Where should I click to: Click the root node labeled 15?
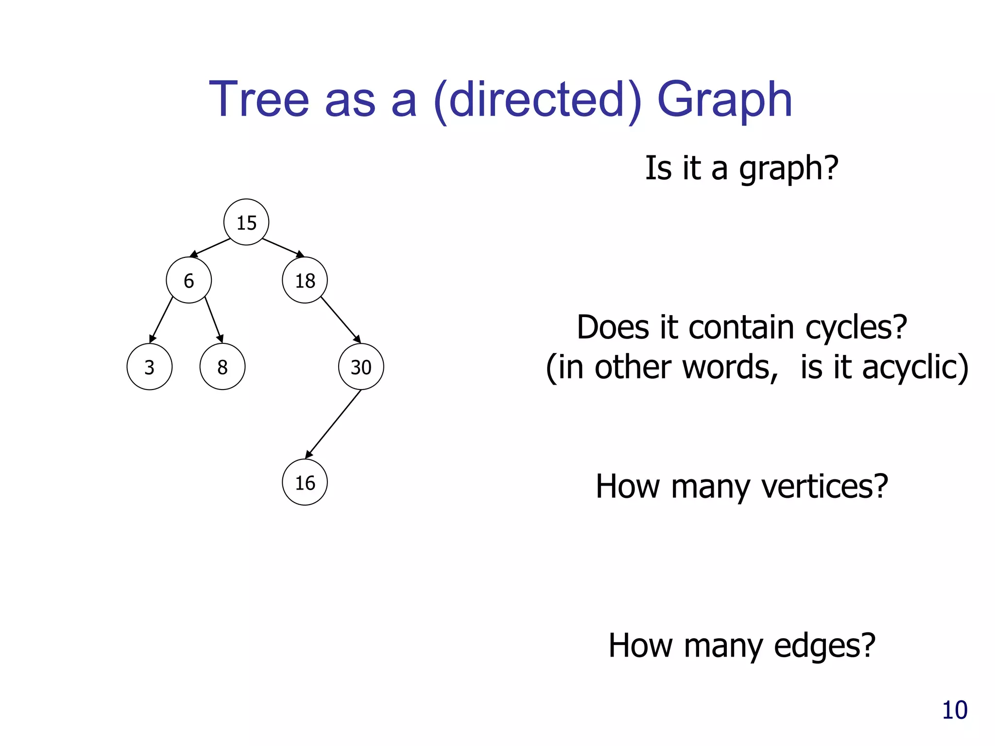pyautogui.click(x=246, y=222)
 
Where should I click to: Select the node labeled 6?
pyautogui.click(x=189, y=280)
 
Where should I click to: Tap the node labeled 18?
pyautogui.click(x=305, y=280)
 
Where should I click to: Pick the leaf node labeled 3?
pyautogui.click(x=149, y=367)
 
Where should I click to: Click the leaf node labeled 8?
pyautogui.click(x=222, y=367)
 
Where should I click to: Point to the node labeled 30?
pyautogui.click(x=361, y=367)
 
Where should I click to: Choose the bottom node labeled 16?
pyautogui.click(x=305, y=482)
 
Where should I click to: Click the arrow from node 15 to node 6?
pyautogui.click(x=210, y=248)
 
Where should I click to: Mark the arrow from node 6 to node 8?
pyautogui.click(x=214, y=320)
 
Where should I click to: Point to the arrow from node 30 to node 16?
pyautogui.click(x=333, y=424)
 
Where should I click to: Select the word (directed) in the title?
pyautogui.click(x=537, y=101)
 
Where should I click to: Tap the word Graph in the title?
pyautogui.click(x=724, y=101)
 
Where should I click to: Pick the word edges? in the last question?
pyautogui.click(x=824, y=645)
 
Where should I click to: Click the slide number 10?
pyautogui.click(x=954, y=710)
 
